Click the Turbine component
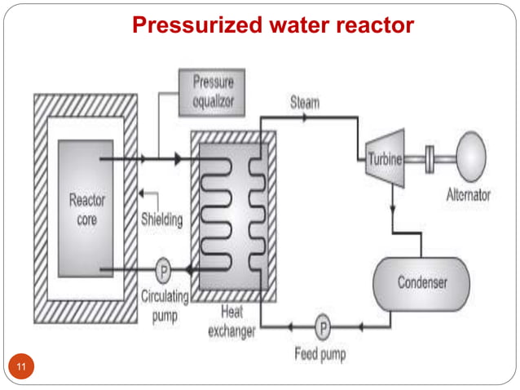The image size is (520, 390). pyautogui.click(x=384, y=159)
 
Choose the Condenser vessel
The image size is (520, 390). pyautogui.click(x=421, y=283)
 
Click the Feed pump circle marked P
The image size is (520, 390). pyautogui.click(x=323, y=329)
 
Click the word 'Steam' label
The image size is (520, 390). pyautogui.click(x=304, y=104)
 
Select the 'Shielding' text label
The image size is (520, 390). pyautogui.click(x=161, y=219)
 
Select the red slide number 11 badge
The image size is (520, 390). pyautogui.click(x=22, y=366)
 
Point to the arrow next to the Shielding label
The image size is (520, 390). pyautogui.click(x=144, y=193)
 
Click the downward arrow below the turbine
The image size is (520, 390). pyautogui.click(x=393, y=210)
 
